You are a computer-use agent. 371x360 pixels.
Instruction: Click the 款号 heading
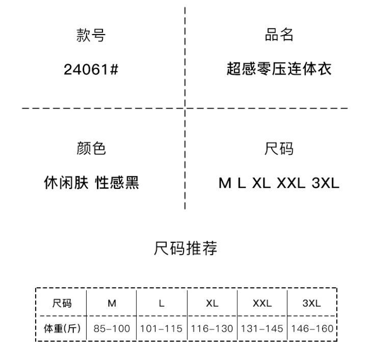click(x=91, y=36)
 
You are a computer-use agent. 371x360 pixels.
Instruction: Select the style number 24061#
click(x=91, y=69)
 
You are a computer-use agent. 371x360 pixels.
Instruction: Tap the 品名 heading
click(x=279, y=35)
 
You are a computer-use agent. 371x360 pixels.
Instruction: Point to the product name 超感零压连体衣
click(x=279, y=69)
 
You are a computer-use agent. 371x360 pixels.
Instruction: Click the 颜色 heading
click(x=91, y=149)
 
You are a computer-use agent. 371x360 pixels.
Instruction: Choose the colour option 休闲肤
click(x=67, y=183)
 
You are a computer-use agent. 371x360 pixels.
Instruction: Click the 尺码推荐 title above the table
click(x=185, y=248)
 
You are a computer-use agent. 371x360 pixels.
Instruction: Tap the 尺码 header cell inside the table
click(x=62, y=303)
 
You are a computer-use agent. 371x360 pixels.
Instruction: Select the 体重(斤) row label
click(x=62, y=328)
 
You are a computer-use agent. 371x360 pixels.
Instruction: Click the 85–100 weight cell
click(x=112, y=328)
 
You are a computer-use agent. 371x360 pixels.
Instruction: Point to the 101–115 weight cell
click(x=161, y=328)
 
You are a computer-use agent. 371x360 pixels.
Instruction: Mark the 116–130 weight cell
click(x=212, y=328)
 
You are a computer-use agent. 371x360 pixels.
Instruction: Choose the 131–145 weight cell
click(x=262, y=328)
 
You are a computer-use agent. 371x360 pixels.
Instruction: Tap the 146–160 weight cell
click(x=311, y=328)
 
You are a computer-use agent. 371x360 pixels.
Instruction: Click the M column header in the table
click(x=112, y=303)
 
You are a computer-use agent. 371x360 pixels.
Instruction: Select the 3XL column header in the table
click(x=311, y=303)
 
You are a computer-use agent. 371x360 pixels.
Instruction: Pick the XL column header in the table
click(x=212, y=303)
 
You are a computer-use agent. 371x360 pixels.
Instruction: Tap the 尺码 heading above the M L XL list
click(x=279, y=149)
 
